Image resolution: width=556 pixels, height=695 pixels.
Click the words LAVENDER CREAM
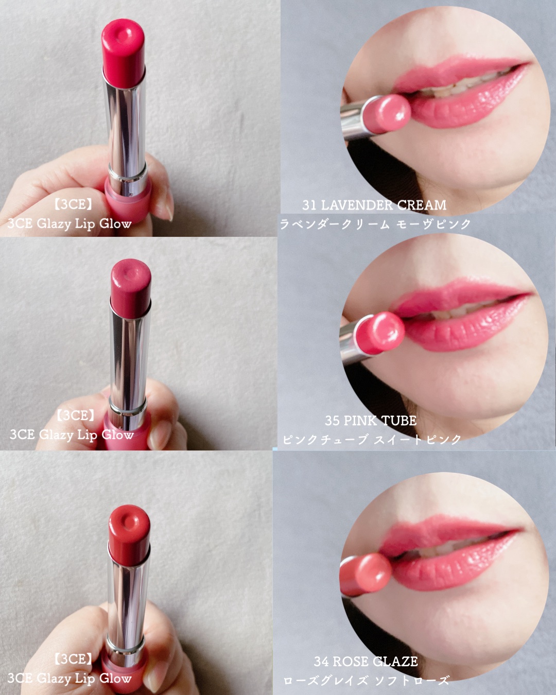(384, 205)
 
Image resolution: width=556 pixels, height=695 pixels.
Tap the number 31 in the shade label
(309, 205)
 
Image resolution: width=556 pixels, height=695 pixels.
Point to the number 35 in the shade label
(332, 421)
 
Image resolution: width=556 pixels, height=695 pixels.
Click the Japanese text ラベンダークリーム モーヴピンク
(375, 224)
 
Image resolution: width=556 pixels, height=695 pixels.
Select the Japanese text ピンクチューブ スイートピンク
(372, 440)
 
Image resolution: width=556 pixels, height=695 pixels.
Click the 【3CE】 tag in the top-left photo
(73, 205)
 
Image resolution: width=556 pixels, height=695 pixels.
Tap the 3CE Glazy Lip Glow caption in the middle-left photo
(72, 436)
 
